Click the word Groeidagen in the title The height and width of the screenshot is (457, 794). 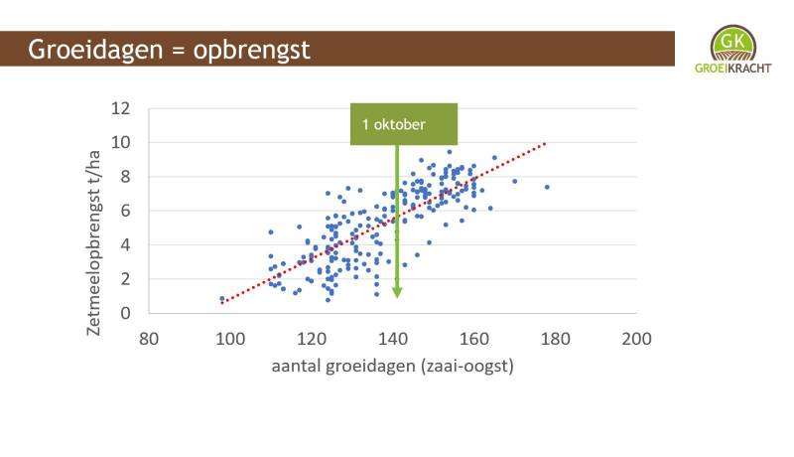(x=95, y=50)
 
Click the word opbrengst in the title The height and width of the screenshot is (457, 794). (x=252, y=50)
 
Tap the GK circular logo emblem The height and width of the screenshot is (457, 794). (x=732, y=43)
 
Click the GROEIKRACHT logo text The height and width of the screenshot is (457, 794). (x=732, y=68)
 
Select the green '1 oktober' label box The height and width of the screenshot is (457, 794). (x=404, y=124)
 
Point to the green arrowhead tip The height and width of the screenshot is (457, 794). (x=397, y=298)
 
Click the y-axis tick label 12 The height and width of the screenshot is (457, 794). (x=120, y=108)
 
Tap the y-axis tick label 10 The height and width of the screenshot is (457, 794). (x=120, y=142)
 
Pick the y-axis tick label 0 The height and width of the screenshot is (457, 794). (x=125, y=313)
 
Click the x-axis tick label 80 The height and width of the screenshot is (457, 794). (x=148, y=339)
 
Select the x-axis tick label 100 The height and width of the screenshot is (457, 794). (x=230, y=339)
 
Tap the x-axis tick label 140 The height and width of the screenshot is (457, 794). (x=392, y=339)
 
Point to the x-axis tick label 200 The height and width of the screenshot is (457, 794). (x=636, y=339)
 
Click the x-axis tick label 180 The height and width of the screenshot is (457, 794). (x=555, y=339)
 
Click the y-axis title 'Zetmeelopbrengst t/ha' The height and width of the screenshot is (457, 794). (x=93, y=243)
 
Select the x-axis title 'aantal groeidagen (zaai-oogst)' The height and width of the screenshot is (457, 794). (x=392, y=366)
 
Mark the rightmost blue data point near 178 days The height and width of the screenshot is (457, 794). (x=547, y=187)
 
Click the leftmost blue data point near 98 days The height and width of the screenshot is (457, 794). (x=221, y=299)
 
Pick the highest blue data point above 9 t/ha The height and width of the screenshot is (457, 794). (x=450, y=151)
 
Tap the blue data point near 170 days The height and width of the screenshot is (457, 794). (x=514, y=181)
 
